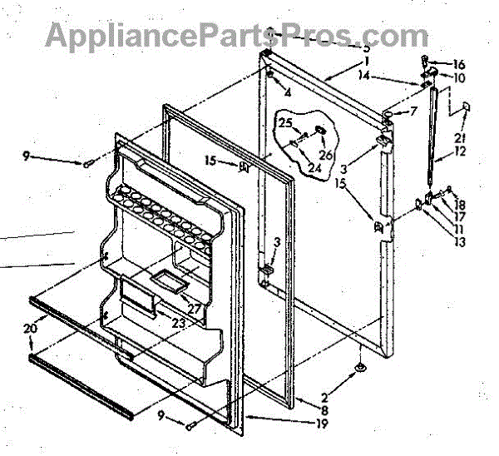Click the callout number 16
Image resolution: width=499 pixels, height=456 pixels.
459,63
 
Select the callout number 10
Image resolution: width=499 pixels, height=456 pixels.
459,77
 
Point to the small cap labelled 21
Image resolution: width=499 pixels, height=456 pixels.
466,107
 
